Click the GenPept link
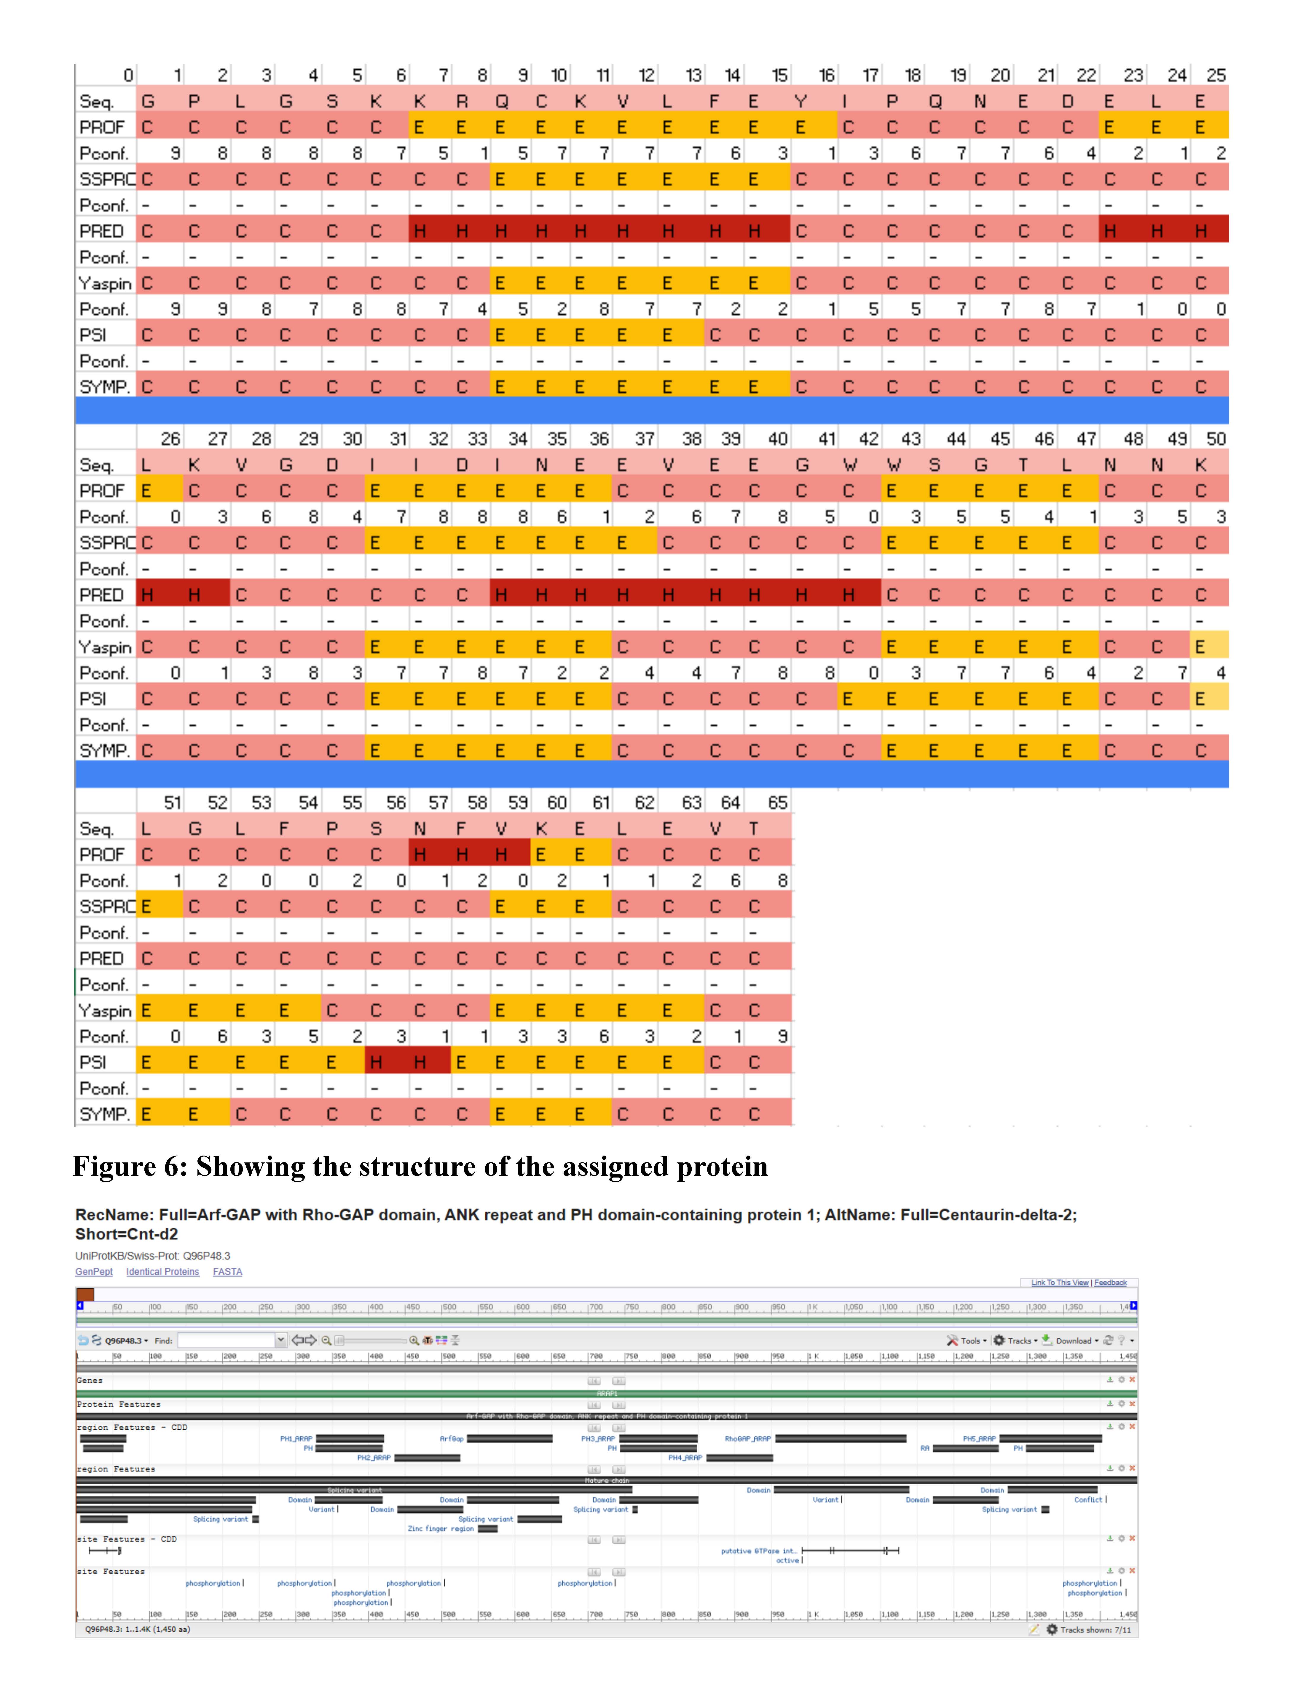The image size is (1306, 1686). pos(93,1271)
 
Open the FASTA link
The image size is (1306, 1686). pos(227,1271)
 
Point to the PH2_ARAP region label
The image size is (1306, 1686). pos(374,1458)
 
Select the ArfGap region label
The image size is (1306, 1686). pos(452,1438)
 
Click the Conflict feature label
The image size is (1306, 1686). pos(1087,1499)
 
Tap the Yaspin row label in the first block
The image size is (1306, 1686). pos(105,283)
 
